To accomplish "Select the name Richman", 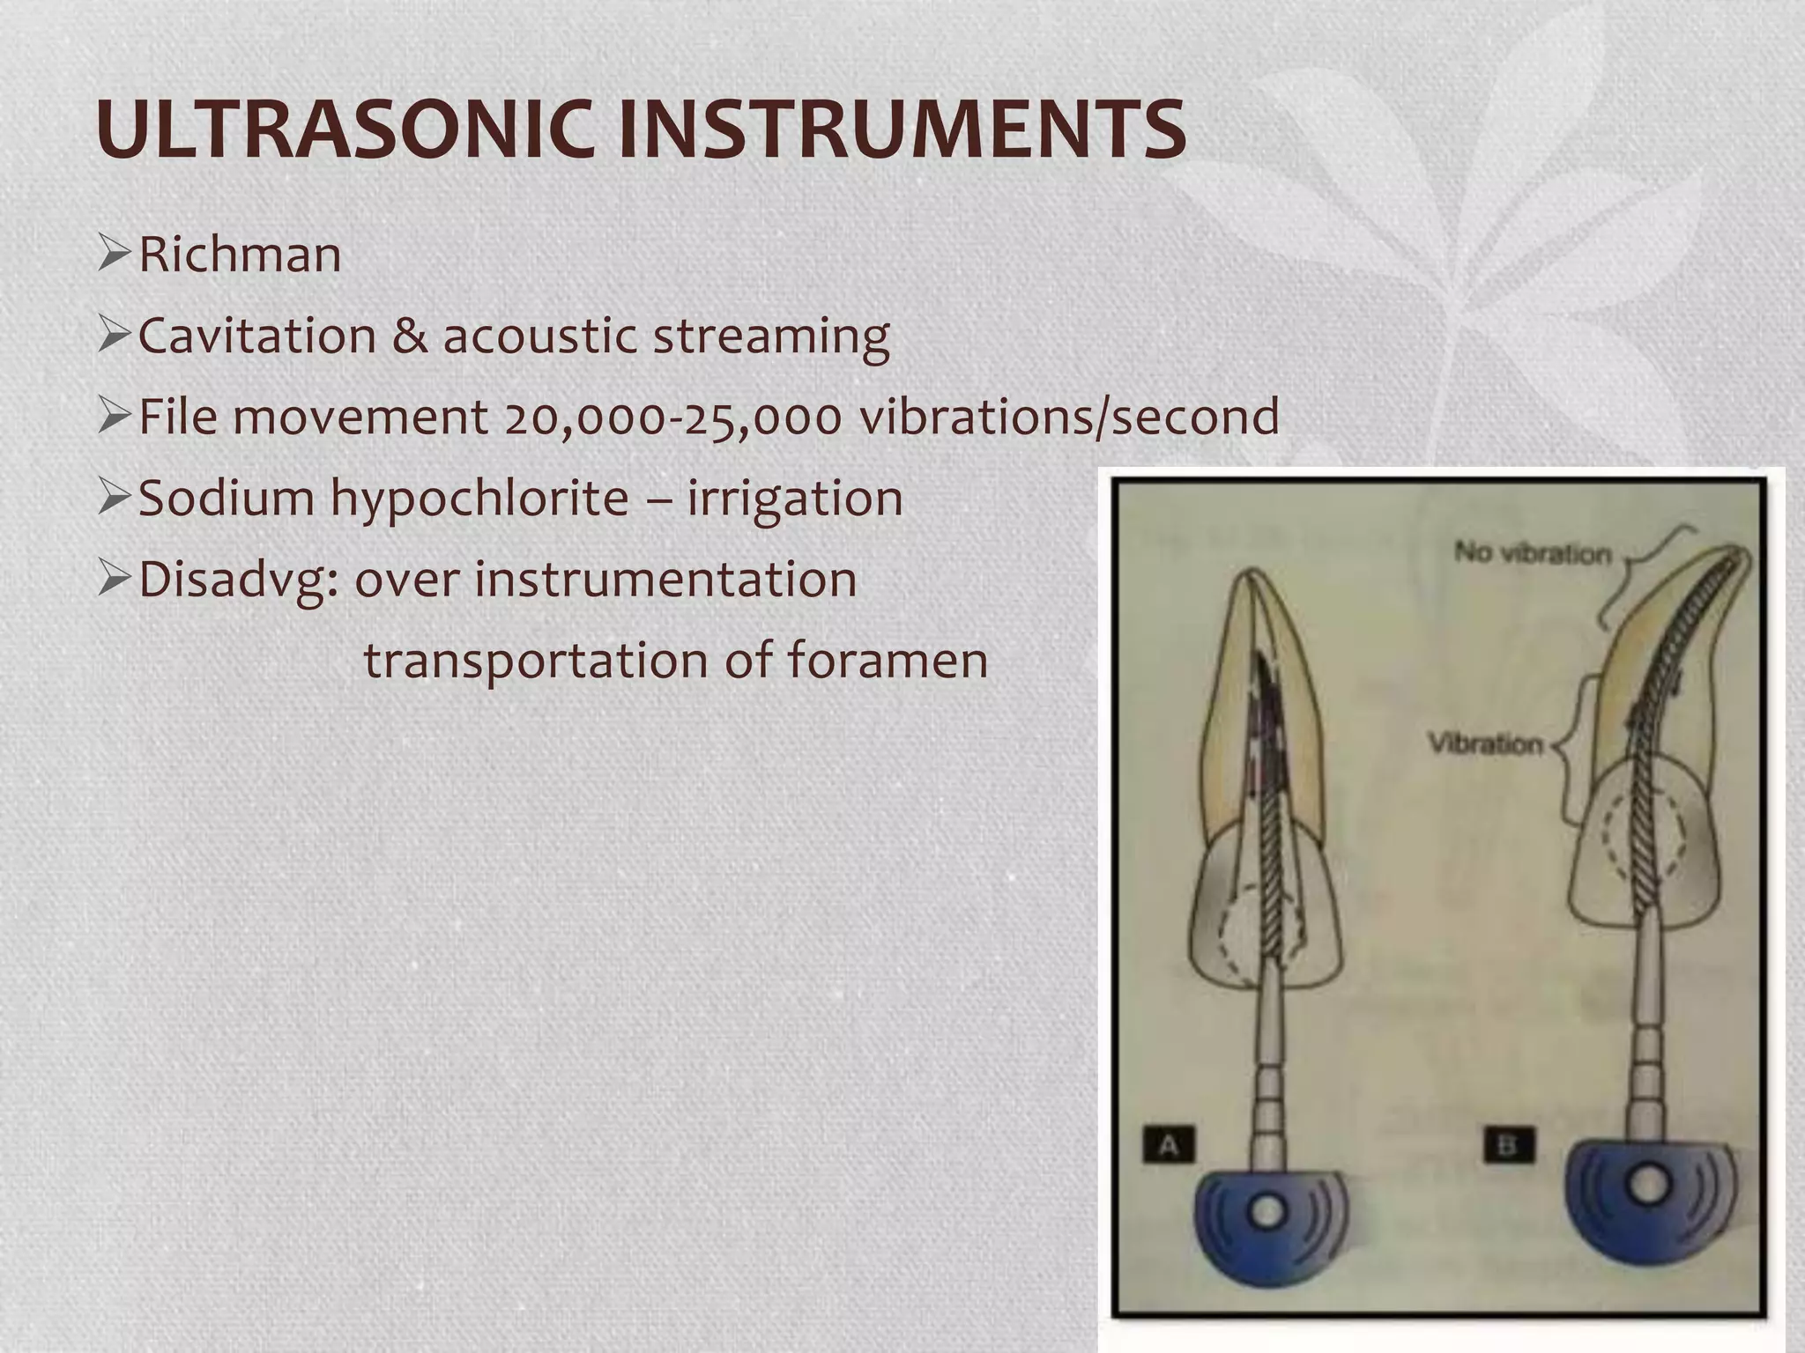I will click(x=240, y=255).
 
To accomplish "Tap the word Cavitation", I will click(x=256, y=336).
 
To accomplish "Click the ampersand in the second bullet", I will click(x=409, y=336).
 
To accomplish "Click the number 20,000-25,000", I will click(x=673, y=418).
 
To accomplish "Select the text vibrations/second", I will click(x=1069, y=418).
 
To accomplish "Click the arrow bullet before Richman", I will click(x=115, y=256).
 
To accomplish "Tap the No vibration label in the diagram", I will click(x=1533, y=553).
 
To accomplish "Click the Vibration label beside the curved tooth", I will click(x=1486, y=744).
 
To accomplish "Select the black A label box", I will click(x=1169, y=1145).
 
